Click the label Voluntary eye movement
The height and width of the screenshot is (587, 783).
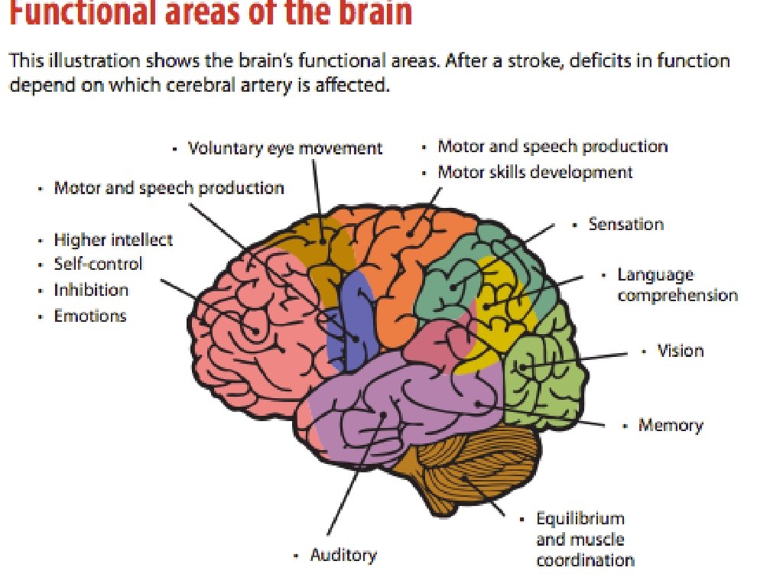pos(284,148)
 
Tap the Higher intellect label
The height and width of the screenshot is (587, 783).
pos(113,240)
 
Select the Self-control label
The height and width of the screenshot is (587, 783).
pos(98,264)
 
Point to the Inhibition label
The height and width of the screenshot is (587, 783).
pos(91,290)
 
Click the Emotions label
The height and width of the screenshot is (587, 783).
pos(90,316)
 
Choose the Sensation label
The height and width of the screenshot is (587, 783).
pos(625,224)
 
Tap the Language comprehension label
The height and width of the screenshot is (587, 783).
pos(677,285)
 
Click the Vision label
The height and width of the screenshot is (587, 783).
pos(680,351)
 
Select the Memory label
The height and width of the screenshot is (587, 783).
pos(670,425)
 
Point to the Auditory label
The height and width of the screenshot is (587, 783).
pos(343,555)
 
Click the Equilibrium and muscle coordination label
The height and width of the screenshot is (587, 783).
pos(585,540)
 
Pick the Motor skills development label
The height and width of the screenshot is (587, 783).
pos(534,172)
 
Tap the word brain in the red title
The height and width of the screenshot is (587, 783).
pos(374,14)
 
